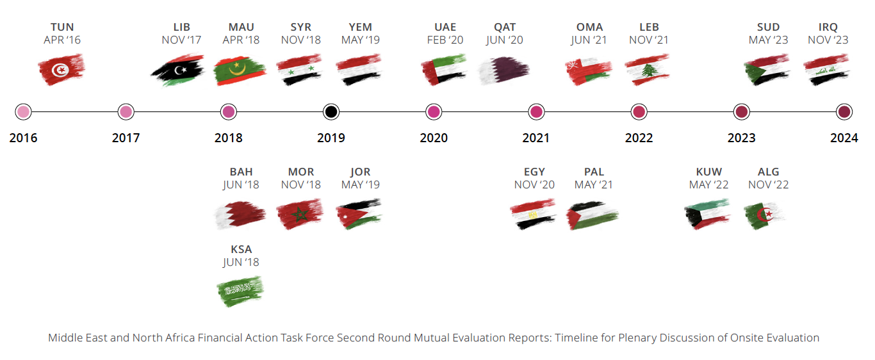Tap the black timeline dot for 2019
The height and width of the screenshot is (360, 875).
click(x=331, y=112)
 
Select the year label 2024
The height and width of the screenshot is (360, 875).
click(x=844, y=138)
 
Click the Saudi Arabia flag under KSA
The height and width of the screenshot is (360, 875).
click(x=240, y=291)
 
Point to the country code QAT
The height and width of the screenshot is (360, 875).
click(x=505, y=27)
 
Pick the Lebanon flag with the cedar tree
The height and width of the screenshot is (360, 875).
click(x=647, y=70)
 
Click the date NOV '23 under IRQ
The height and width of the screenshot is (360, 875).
click(x=828, y=40)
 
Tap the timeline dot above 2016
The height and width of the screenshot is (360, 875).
click(x=23, y=112)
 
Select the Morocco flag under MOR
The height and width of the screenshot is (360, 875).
click(x=300, y=214)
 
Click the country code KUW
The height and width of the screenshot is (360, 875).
click(x=708, y=172)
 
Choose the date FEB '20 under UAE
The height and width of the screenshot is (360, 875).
click(x=445, y=40)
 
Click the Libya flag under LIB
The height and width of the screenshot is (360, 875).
click(x=177, y=70)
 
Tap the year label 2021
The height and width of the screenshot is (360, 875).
click(x=536, y=138)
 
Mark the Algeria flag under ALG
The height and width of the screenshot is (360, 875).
click(x=765, y=215)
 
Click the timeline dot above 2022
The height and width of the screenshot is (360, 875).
click(x=639, y=112)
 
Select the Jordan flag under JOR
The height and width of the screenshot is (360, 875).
click(x=359, y=214)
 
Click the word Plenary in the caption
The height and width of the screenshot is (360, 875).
click(x=637, y=338)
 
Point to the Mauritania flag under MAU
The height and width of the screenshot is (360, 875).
click(x=240, y=70)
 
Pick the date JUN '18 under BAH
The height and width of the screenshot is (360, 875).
click(x=241, y=184)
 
